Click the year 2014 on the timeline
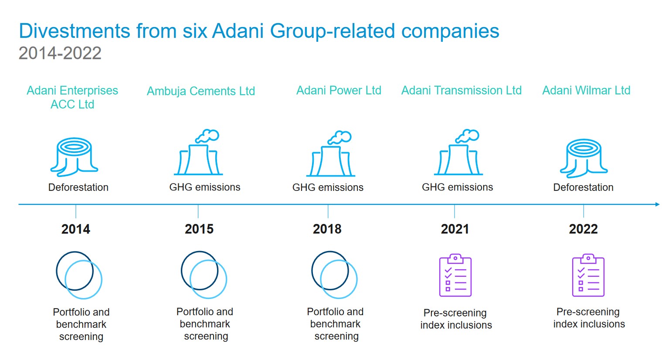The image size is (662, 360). click(76, 229)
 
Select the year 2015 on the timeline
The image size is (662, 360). click(199, 229)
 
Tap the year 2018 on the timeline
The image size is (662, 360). click(327, 229)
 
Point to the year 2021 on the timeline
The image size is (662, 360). click(455, 229)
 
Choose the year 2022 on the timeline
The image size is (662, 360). click(584, 229)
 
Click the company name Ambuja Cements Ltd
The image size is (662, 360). click(201, 92)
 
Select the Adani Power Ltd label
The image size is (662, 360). click(339, 91)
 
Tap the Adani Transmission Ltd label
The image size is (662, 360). click(462, 91)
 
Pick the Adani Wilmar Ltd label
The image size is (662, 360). click(586, 91)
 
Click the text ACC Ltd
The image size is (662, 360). click(72, 104)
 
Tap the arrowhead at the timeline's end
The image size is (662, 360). click(658, 204)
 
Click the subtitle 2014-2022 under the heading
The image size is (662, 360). click(60, 53)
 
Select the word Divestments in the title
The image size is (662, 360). click(75, 31)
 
